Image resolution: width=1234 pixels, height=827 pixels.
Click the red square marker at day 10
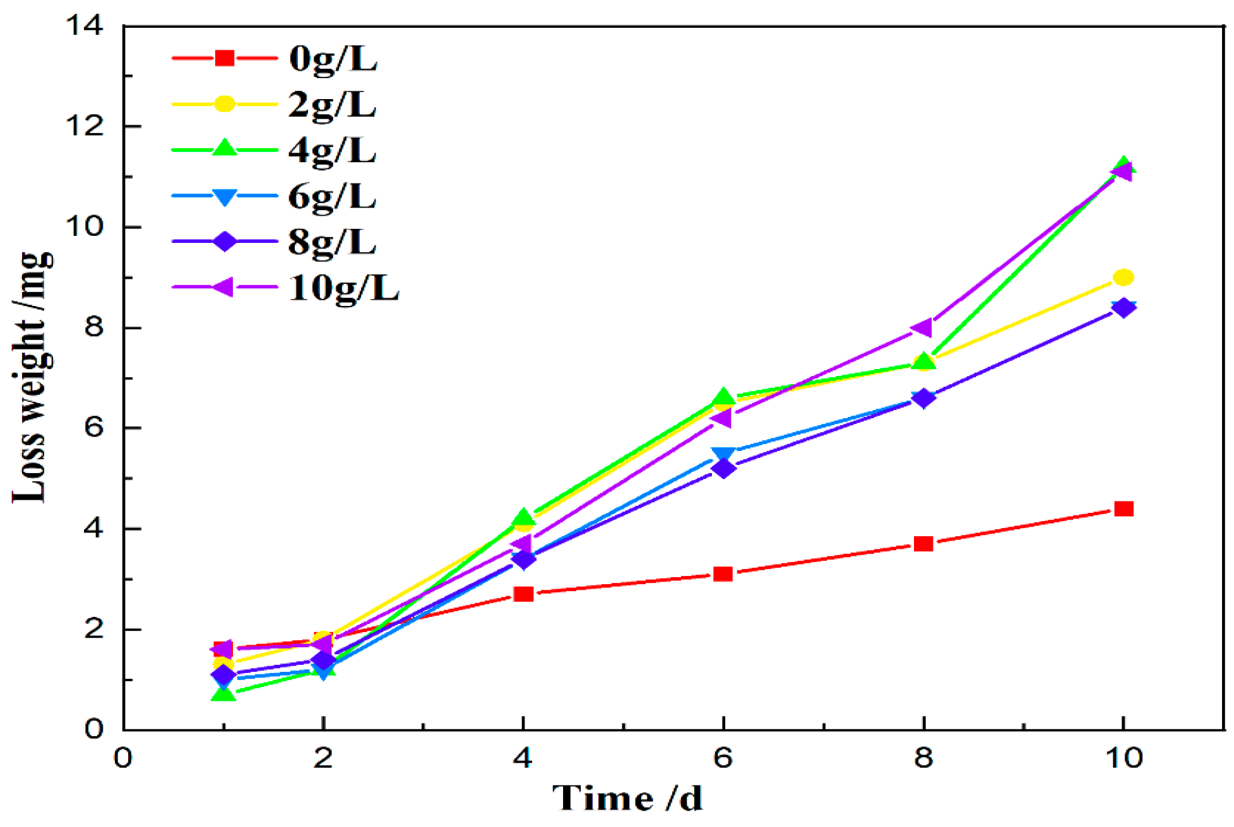(x=1124, y=508)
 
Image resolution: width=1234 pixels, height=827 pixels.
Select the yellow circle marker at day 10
(x=1124, y=277)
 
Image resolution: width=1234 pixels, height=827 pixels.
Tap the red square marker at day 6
(x=723, y=573)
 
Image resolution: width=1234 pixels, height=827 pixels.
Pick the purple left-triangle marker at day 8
(x=922, y=328)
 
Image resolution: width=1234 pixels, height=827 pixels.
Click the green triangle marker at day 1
(x=223, y=694)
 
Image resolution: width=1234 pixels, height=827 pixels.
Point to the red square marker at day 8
(x=923, y=543)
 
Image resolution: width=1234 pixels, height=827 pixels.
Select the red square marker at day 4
(x=523, y=594)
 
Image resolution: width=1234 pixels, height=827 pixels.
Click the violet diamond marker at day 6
(x=723, y=468)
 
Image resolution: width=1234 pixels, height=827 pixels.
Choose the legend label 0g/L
(x=333, y=59)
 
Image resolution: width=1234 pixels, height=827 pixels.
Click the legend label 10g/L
(x=344, y=288)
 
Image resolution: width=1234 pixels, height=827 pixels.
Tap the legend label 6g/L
(x=333, y=197)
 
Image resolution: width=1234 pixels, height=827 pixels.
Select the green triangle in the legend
(x=225, y=150)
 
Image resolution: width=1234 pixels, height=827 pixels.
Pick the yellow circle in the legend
(x=225, y=104)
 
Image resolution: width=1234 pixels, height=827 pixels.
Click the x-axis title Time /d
(x=627, y=798)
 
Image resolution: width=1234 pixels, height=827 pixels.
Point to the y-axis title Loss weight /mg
(x=33, y=377)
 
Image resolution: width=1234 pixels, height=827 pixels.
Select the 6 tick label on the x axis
(x=723, y=758)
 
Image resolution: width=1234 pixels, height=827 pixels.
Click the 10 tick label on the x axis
(x=1124, y=758)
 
